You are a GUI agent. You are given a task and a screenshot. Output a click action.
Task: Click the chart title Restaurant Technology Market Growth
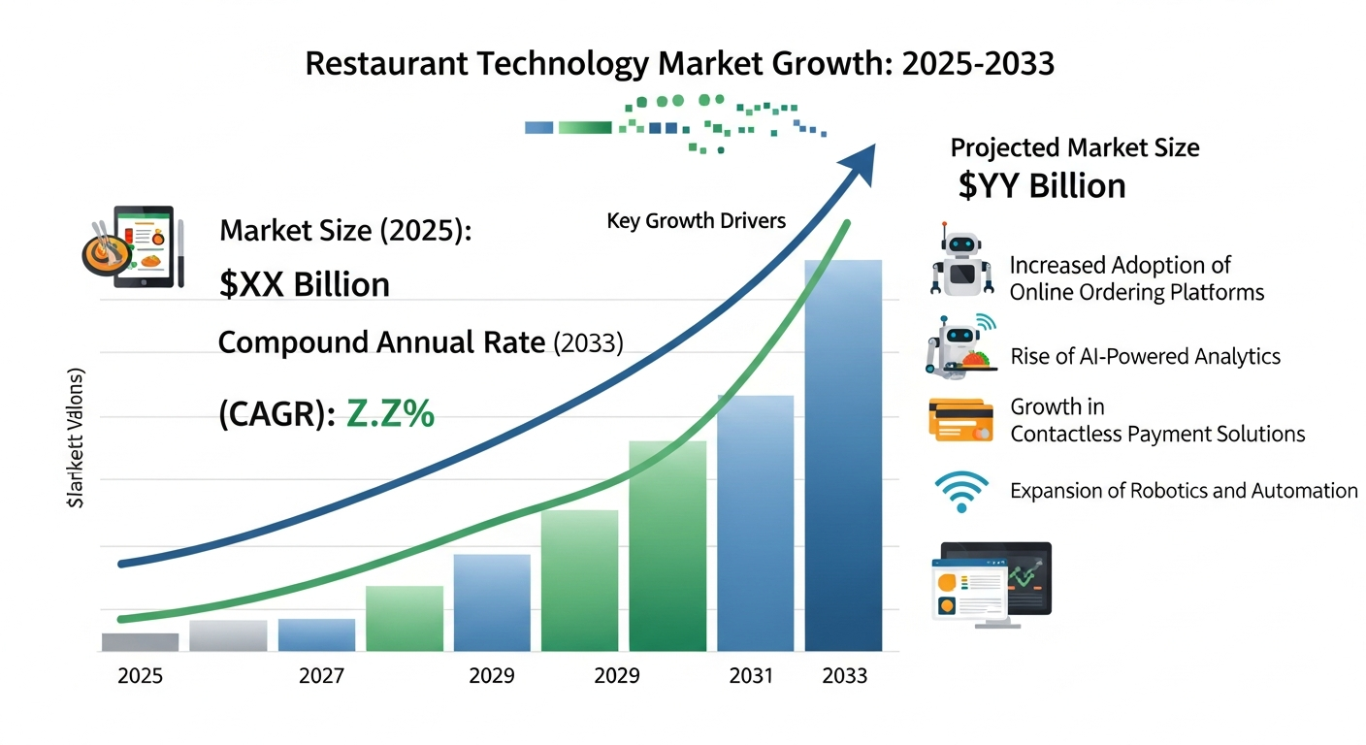tap(679, 64)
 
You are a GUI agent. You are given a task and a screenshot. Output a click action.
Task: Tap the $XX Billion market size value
tap(305, 284)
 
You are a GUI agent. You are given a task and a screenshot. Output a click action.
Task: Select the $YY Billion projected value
tap(1041, 185)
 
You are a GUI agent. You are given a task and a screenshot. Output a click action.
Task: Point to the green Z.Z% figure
tap(390, 414)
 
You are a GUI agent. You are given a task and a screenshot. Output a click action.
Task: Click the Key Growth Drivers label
tap(696, 221)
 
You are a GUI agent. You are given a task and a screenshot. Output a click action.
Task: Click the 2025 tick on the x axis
tap(140, 676)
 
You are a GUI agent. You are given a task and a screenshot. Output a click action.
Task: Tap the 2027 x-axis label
tap(320, 676)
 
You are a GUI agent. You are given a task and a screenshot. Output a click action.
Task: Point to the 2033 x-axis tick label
tap(843, 676)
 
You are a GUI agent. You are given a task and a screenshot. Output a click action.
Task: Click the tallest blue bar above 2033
tap(843, 456)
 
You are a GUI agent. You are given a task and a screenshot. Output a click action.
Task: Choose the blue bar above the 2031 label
tap(755, 524)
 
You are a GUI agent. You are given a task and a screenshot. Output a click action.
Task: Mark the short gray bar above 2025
tap(140, 641)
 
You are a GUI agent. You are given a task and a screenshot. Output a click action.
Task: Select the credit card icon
tap(960, 420)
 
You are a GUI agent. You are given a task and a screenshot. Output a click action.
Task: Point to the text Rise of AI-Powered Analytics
tap(1145, 357)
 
